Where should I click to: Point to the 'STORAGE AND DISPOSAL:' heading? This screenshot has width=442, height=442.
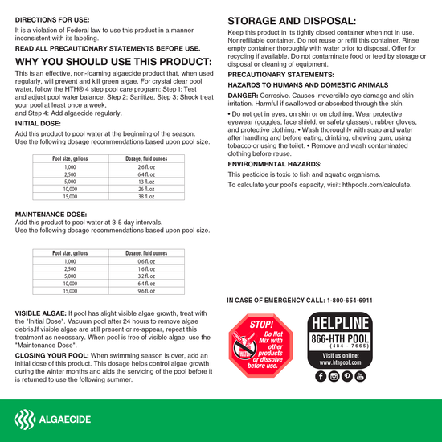point(292,21)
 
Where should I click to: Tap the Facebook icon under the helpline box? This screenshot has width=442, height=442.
point(321,376)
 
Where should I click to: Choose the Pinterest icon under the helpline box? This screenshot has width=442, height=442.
point(346,376)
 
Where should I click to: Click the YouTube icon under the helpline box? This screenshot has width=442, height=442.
point(359,376)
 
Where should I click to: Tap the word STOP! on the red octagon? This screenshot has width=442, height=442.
point(262,325)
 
